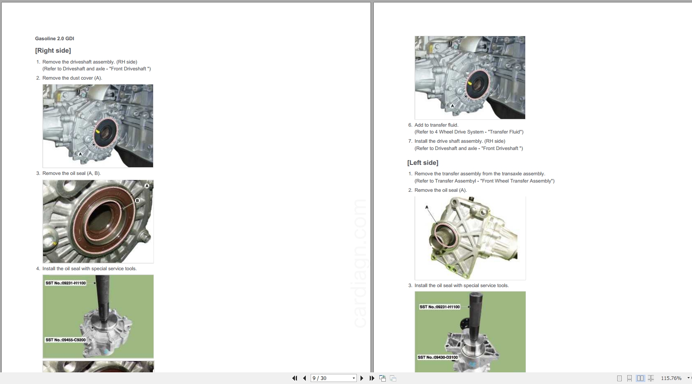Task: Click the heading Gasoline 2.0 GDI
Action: (x=55, y=39)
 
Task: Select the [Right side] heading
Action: (x=53, y=51)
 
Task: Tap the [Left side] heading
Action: (x=423, y=163)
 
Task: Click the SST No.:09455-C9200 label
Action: (x=66, y=340)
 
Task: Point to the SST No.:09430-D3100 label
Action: (x=438, y=357)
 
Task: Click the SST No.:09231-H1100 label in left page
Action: (x=66, y=283)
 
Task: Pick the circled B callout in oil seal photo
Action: (x=137, y=200)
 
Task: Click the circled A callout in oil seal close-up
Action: (x=147, y=186)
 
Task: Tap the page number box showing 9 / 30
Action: (x=334, y=378)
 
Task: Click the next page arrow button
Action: (x=362, y=378)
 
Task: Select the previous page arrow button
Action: (x=305, y=378)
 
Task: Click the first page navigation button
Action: (x=295, y=378)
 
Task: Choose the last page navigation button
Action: (x=372, y=378)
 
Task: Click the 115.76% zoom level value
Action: (x=671, y=378)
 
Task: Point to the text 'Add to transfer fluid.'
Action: (x=436, y=125)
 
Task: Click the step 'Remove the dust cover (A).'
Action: (x=72, y=78)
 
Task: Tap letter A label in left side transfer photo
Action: (x=427, y=207)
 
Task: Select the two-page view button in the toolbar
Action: (x=640, y=378)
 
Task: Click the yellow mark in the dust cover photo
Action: (x=98, y=131)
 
